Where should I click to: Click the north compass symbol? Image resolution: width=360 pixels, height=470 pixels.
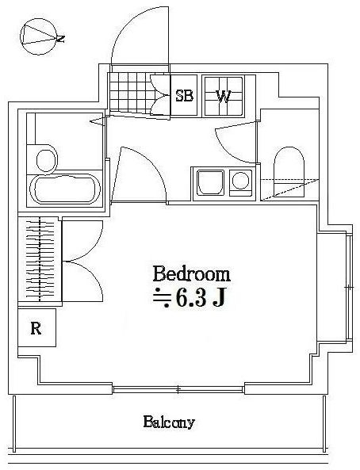pyautogui.click(x=39, y=36)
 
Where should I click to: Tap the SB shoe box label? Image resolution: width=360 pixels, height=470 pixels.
pyautogui.click(x=184, y=96)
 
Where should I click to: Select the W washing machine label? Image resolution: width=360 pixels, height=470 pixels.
pyautogui.click(x=224, y=96)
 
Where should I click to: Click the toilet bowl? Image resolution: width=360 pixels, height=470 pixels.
pyautogui.click(x=289, y=171)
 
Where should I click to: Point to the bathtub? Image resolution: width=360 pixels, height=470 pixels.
pyautogui.click(x=64, y=189)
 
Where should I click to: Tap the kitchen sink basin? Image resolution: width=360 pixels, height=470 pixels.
pyautogui.click(x=211, y=182)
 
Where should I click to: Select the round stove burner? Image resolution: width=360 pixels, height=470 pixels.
pyautogui.click(x=240, y=181)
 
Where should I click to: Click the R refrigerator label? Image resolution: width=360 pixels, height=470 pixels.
pyautogui.click(x=36, y=328)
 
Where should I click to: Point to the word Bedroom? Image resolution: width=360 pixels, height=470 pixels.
pyautogui.click(x=192, y=273)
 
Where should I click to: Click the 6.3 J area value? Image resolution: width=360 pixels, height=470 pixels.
pyautogui.click(x=201, y=298)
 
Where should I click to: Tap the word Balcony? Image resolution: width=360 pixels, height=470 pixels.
pyautogui.click(x=169, y=422)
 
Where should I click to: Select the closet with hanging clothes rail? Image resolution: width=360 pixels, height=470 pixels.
pyautogui.click(x=40, y=260)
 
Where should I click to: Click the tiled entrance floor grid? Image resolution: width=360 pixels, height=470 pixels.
pyautogui.click(x=132, y=93)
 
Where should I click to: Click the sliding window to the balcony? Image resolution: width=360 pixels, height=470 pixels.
pyautogui.click(x=178, y=389)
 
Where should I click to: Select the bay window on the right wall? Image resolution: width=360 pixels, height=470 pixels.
pyautogui.click(x=349, y=287)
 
